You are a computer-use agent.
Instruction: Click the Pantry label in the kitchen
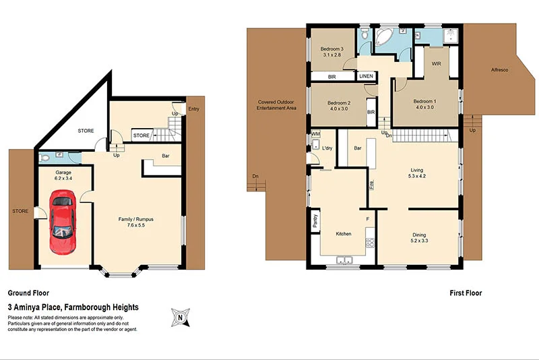315,221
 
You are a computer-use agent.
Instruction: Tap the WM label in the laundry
315,134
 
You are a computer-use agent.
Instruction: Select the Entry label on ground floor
194,109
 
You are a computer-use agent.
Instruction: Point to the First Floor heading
466,293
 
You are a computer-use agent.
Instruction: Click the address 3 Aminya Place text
73,307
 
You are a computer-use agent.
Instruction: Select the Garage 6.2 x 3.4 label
63,177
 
